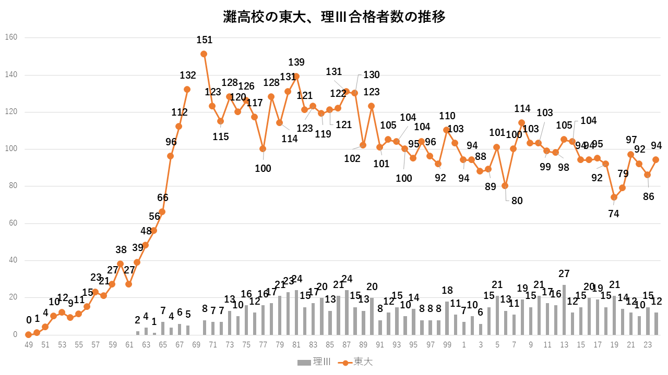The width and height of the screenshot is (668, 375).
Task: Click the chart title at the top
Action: click(x=334, y=17)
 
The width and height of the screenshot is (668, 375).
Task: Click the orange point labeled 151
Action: click(x=204, y=54)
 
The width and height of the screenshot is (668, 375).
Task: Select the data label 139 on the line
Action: click(x=296, y=63)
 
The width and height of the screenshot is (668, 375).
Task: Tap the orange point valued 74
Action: click(x=614, y=197)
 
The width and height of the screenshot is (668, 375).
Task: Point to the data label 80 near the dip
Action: click(x=517, y=201)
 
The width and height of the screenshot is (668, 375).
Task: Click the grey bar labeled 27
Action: click(x=564, y=310)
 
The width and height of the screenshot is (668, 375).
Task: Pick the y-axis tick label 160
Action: click(x=11, y=37)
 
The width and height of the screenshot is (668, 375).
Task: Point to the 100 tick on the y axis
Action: click(x=11, y=149)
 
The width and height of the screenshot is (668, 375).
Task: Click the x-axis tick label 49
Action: click(x=28, y=345)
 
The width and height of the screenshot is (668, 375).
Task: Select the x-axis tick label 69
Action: click(x=196, y=345)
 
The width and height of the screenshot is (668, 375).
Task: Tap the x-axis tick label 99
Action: click(x=447, y=345)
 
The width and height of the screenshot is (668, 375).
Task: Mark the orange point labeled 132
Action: click(x=187, y=90)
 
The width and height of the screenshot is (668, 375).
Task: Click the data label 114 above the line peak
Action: click(x=522, y=109)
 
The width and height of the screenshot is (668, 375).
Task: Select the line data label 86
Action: click(x=649, y=196)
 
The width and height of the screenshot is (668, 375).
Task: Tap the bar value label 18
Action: click(x=447, y=291)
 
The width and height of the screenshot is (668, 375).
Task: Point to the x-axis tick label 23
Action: click(x=648, y=345)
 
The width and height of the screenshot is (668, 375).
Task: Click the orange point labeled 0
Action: click(x=28, y=334)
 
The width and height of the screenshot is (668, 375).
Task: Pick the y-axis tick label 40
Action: click(x=13, y=260)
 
